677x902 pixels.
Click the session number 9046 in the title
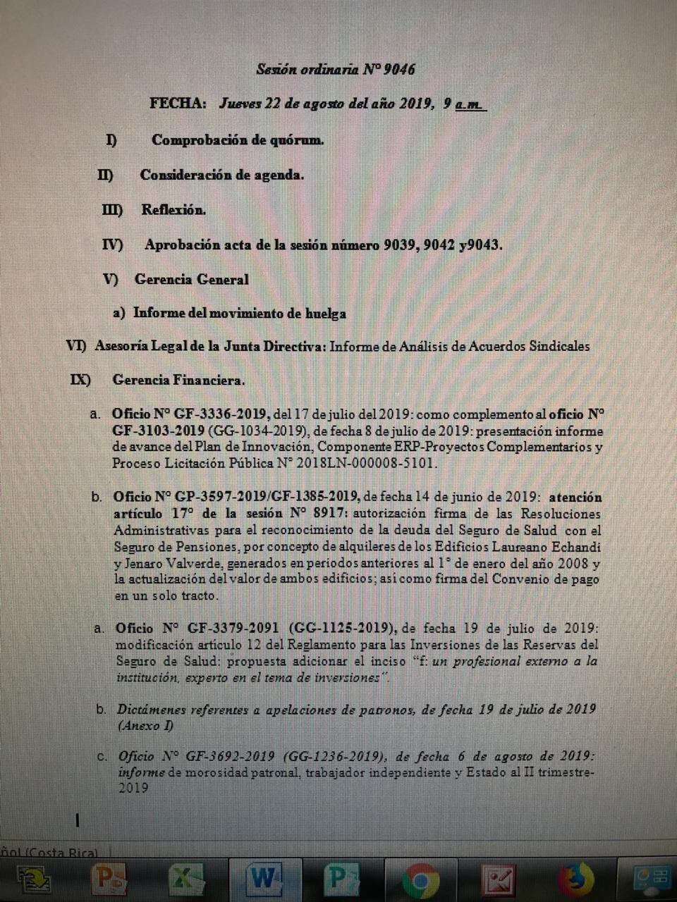398,69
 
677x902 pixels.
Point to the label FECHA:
178,103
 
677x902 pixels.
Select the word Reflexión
173,209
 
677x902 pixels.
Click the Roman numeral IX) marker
80,380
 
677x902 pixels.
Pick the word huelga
325,313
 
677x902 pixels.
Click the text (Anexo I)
145,725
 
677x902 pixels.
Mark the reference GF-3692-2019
231,756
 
